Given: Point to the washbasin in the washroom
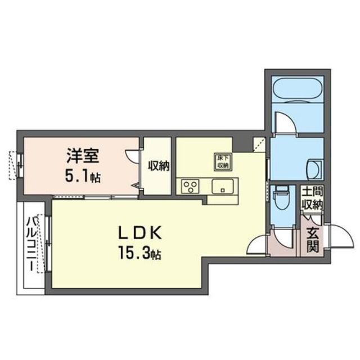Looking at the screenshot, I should pos(314,167).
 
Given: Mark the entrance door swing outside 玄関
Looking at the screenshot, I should pos(332,232).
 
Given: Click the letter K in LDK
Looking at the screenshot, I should pos(156,232).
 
